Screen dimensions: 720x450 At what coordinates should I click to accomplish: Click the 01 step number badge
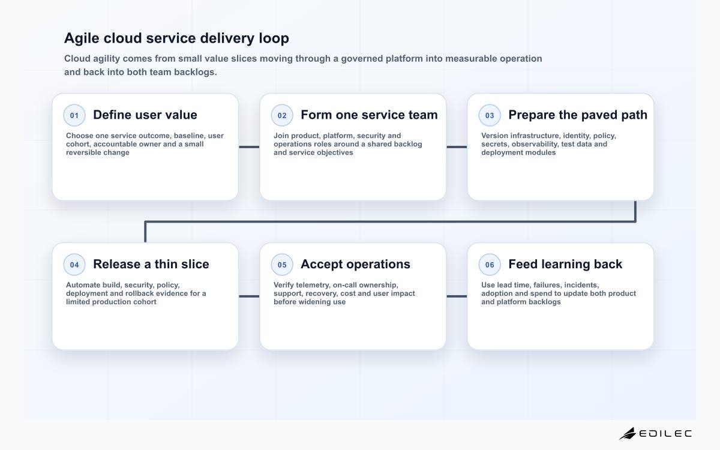click(x=74, y=115)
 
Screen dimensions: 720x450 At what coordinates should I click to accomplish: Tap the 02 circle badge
click(x=282, y=115)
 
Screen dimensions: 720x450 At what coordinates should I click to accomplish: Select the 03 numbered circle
click(x=490, y=115)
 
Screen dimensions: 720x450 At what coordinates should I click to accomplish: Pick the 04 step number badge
click(x=74, y=265)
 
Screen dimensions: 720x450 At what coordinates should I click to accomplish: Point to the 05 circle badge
click(x=282, y=265)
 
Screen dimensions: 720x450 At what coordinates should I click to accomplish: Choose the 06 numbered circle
click(x=490, y=265)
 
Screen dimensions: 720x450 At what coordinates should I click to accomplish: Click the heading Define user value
click(x=145, y=115)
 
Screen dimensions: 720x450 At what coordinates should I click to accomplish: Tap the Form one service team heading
click(x=369, y=115)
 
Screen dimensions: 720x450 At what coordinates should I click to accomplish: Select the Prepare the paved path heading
click(x=578, y=115)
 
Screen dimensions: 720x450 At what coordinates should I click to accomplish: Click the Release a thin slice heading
click(x=151, y=264)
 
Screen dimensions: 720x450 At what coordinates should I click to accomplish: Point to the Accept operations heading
click(x=355, y=264)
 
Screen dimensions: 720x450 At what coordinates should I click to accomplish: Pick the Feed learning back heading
click(x=565, y=264)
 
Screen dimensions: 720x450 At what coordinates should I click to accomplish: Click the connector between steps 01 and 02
click(x=249, y=147)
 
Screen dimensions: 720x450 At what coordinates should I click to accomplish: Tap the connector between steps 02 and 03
click(x=457, y=147)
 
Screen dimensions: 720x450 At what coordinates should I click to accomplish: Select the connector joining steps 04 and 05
click(x=249, y=296)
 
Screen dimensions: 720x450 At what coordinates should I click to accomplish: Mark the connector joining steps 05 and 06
click(x=457, y=296)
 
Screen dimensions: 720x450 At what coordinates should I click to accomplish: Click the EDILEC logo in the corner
click(x=655, y=433)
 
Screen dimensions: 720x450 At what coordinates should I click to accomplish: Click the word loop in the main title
click(x=274, y=38)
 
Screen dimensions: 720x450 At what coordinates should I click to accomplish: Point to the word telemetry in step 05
click(x=313, y=285)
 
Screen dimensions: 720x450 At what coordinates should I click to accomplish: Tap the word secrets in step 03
click(x=495, y=144)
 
